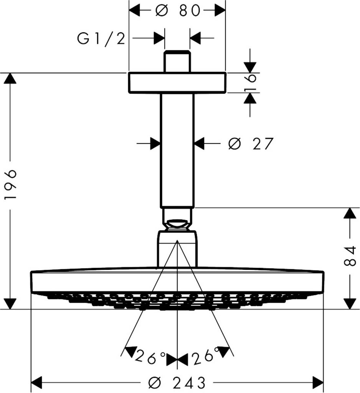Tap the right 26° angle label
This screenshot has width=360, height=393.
coord(205,357)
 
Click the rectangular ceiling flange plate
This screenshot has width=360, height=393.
coord(177,83)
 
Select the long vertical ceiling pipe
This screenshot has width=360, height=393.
coord(177,150)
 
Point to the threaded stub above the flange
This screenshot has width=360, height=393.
coord(177,61)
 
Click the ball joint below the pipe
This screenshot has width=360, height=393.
coord(177,225)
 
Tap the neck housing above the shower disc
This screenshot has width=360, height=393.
coord(177,249)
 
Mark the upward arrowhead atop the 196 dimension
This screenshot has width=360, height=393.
coord(10,79)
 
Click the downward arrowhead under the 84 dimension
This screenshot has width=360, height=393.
coord(350,303)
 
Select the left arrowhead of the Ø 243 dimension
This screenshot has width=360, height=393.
coord(36,382)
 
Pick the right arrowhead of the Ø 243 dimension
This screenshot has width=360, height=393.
coord(318,382)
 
